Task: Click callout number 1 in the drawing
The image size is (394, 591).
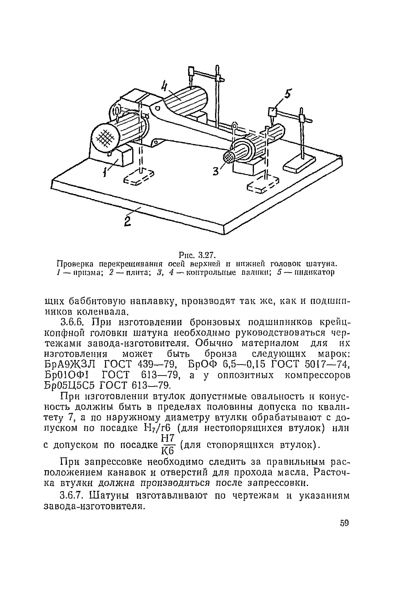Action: point(105,172)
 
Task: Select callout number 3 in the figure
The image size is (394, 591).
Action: point(215,172)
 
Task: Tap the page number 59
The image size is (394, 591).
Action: point(344,523)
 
